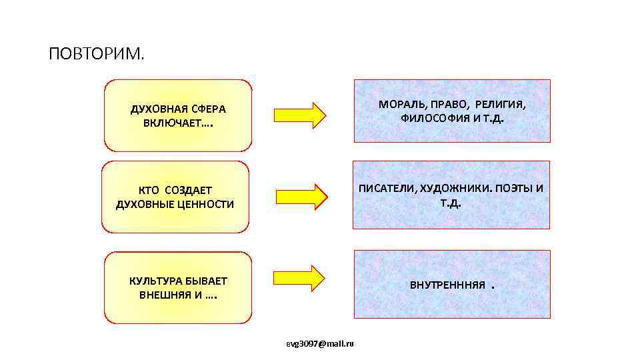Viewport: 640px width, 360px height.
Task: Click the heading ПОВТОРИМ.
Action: point(96,53)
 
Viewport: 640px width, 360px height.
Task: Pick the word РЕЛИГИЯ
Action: point(500,105)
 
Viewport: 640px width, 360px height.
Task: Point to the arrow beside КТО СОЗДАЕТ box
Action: point(301,196)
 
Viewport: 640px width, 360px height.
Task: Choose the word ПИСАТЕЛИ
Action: point(387,189)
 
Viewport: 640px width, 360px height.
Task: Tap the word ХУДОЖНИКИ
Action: point(453,189)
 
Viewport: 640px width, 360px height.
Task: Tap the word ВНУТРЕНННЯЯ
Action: point(447,285)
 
